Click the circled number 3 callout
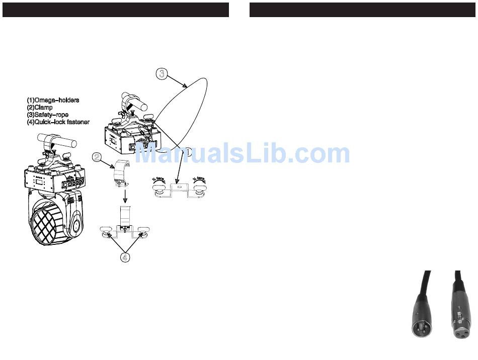pyautogui.click(x=161, y=73)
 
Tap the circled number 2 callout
pyautogui.click(x=97, y=157)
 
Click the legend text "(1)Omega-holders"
pyautogui.click(x=53, y=100)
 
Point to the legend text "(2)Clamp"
pyautogui.click(x=40, y=107)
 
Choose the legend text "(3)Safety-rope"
pyautogui.click(x=47, y=115)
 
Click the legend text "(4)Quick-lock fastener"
pyautogui.click(x=58, y=122)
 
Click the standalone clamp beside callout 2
pyautogui.click(x=121, y=173)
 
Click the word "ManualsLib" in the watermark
pyautogui.click(x=211, y=154)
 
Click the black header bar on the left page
pyautogui.click(x=116, y=10)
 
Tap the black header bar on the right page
pyautogui.click(x=362, y=10)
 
